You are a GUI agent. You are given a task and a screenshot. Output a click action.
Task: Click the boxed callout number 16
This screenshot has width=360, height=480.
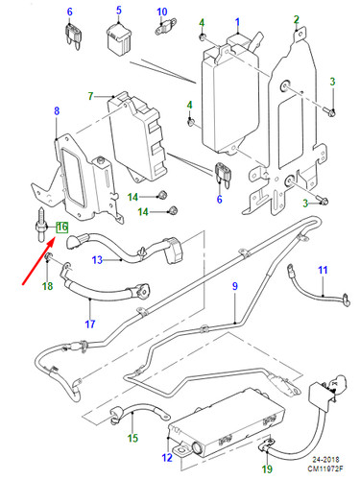point(62,228)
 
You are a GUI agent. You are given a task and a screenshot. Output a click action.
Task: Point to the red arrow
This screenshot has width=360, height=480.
point(37,261)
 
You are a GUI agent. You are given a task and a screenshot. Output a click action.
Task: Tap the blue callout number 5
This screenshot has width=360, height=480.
point(119,10)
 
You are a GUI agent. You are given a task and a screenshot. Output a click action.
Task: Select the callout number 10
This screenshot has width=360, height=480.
point(162,12)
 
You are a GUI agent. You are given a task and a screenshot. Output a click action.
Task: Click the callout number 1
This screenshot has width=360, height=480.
point(237,22)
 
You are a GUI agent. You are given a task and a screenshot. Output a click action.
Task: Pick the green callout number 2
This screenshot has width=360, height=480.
point(297,19)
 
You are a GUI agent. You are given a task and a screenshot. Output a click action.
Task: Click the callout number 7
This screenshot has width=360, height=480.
point(90,96)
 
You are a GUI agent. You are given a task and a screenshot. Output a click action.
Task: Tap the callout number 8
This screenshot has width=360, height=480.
point(57,111)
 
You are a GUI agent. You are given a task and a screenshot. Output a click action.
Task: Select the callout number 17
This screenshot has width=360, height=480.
point(90,324)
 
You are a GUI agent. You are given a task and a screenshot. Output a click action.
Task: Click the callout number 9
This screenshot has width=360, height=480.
point(235,286)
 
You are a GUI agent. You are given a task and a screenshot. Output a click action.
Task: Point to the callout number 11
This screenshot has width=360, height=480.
point(323,270)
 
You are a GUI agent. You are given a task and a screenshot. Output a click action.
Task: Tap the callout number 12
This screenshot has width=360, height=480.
point(167,458)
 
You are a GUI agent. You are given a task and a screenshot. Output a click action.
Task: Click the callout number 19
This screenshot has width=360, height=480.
point(267,469)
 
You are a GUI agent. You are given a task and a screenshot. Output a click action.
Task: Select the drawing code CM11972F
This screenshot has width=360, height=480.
point(325,468)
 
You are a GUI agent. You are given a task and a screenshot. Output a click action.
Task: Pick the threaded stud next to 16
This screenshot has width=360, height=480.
point(40,225)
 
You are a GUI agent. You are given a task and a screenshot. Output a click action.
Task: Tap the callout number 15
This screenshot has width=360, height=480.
point(132,438)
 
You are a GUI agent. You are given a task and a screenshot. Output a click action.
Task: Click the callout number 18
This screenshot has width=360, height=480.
point(47,286)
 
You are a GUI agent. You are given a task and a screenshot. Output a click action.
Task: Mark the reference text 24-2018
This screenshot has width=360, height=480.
point(325,460)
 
